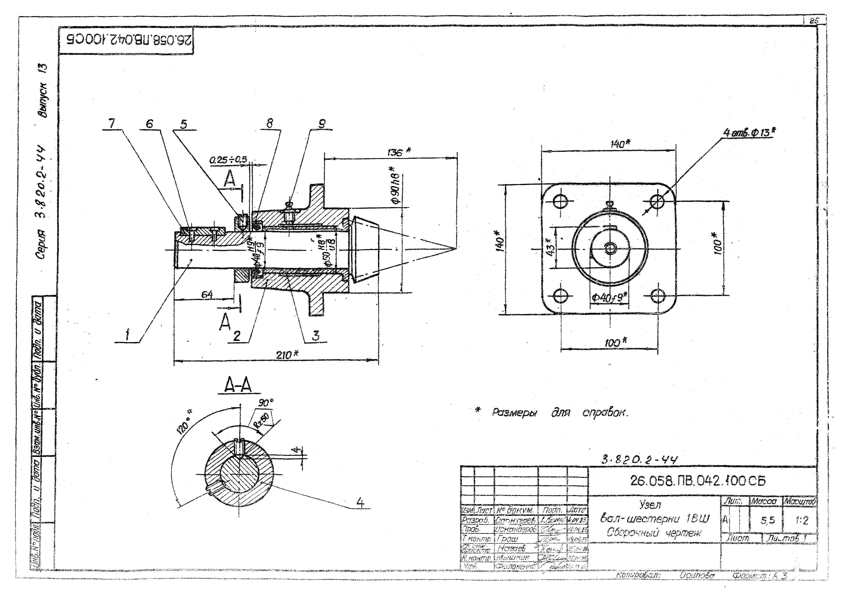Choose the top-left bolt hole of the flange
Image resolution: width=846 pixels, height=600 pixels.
pos(560,202)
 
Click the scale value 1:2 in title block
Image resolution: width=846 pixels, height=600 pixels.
pos(801,521)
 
